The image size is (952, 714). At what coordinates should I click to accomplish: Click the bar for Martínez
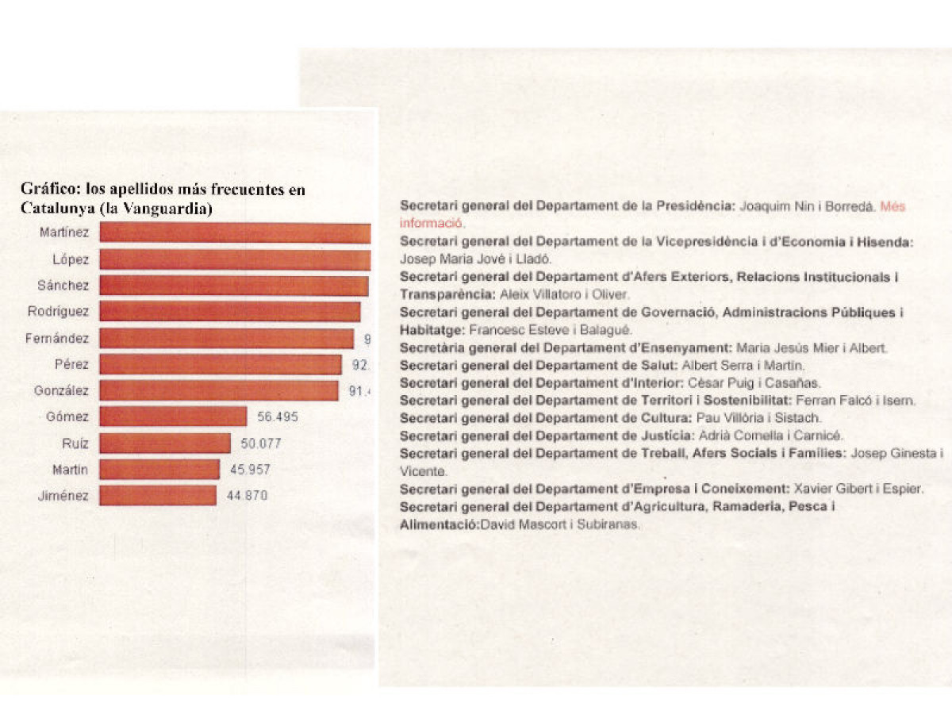coord(235,232)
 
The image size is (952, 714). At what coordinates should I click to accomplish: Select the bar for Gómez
coord(173,416)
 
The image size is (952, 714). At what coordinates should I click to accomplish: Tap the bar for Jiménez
coord(158,496)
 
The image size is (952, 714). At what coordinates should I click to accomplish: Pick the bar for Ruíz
coord(165,443)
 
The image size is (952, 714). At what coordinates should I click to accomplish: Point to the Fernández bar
coord(226,339)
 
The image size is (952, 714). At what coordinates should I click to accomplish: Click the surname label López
coord(71,259)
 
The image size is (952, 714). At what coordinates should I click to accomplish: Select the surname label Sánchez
coord(63,286)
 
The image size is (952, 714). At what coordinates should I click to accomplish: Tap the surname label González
coord(61,391)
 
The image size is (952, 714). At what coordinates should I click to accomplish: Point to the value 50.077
coord(260,443)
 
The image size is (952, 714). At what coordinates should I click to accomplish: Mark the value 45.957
coord(249,470)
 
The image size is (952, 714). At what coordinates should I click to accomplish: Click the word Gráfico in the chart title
coord(43,190)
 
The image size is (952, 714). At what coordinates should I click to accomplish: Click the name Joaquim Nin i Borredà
coord(807,206)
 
